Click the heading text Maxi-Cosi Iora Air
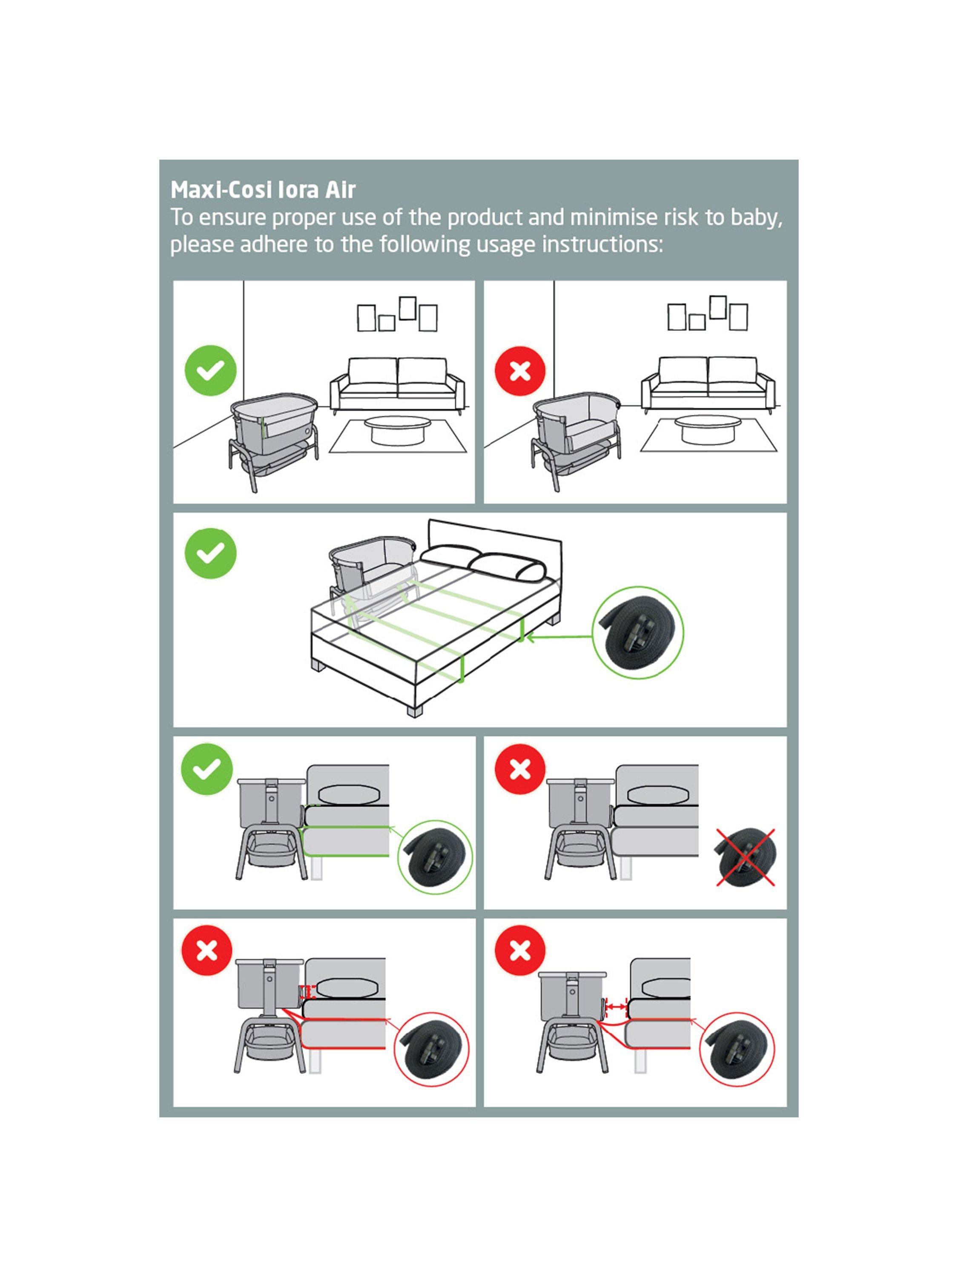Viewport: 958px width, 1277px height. pyautogui.click(x=263, y=190)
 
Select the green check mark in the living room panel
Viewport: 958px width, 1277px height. pyautogui.click(x=210, y=370)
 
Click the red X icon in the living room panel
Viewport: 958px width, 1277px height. pyautogui.click(x=520, y=371)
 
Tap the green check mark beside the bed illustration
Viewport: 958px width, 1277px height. pyautogui.click(x=210, y=553)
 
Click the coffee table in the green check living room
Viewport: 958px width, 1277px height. pyautogui.click(x=399, y=429)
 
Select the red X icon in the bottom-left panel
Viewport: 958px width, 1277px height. pyautogui.click(x=207, y=950)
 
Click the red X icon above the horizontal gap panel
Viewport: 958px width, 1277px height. pyautogui.click(x=520, y=950)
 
